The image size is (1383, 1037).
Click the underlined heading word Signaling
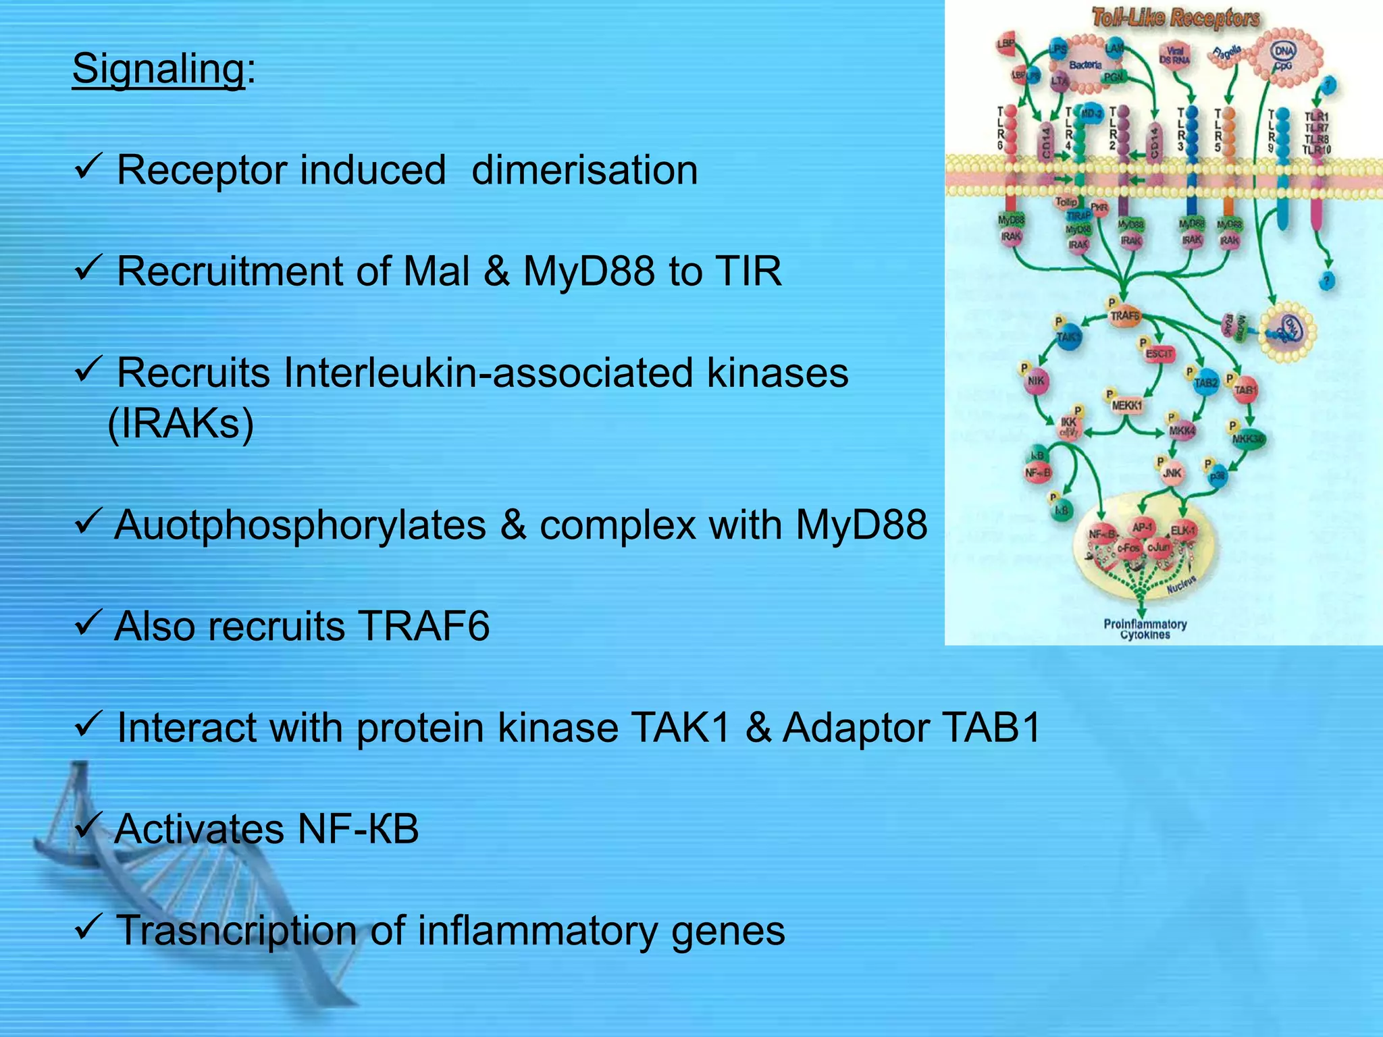pyautogui.click(x=158, y=69)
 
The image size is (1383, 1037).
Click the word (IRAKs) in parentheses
pyautogui.click(x=181, y=424)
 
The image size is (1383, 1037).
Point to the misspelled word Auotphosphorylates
pyautogui.click(x=300, y=525)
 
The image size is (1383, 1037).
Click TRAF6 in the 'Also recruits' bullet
pyautogui.click(x=423, y=627)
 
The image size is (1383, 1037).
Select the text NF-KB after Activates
pyautogui.click(x=358, y=829)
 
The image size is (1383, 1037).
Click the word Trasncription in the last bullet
pyautogui.click(x=236, y=930)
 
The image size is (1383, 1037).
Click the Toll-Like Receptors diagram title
pyautogui.click(x=1175, y=18)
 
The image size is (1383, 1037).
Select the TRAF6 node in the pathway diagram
pyautogui.click(x=1124, y=316)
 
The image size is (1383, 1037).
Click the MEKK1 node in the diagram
pyautogui.click(x=1126, y=406)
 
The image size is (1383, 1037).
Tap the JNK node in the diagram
pyautogui.click(x=1172, y=473)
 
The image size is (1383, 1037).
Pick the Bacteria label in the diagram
pyautogui.click(x=1085, y=65)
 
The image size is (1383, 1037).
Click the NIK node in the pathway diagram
pyautogui.click(x=1036, y=381)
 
